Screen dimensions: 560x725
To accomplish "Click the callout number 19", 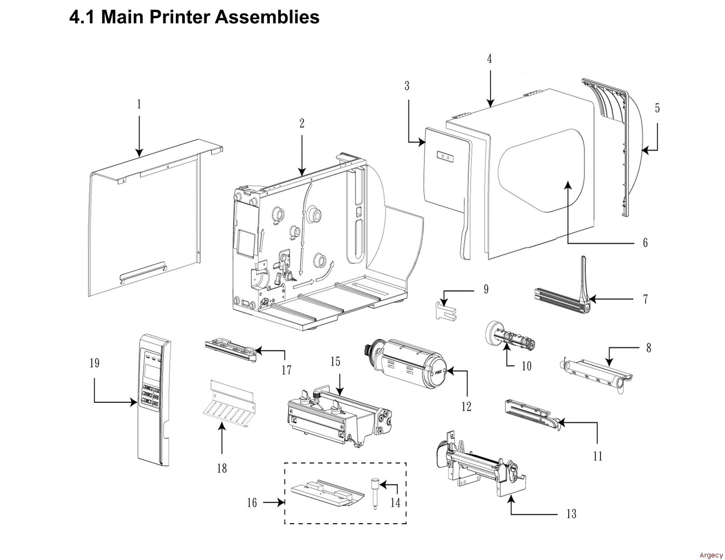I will point(94,363).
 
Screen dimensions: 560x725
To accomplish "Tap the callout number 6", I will point(645,243).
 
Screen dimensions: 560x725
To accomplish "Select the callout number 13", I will point(571,514).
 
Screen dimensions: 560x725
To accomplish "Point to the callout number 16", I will point(252,502).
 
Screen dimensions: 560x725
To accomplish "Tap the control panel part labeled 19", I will point(153,399).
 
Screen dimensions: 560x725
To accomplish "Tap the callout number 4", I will point(489,59).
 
